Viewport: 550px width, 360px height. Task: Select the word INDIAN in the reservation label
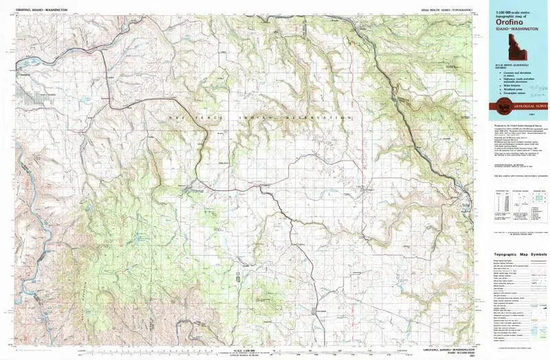[x=255, y=118]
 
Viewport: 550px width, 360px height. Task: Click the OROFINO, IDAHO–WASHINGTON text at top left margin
[x=41, y=10]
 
